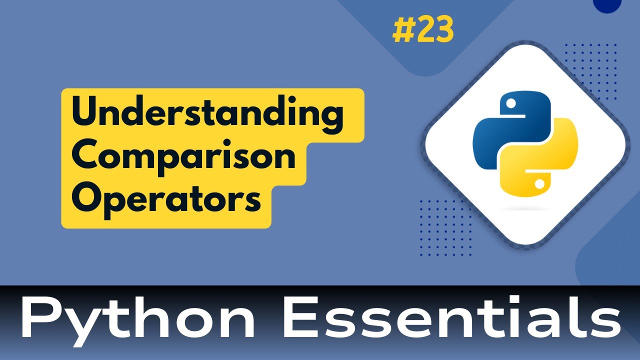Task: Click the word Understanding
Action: [x=207, y=116]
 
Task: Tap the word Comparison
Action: [x=183, y=158]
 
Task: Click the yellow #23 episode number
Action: [x=423, y=30]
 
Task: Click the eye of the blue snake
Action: [x=510, y=104]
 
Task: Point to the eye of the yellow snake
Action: [x=539, y=184]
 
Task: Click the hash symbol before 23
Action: [x=402, y=31]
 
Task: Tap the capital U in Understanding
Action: [x=84, y=116]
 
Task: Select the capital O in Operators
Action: [x=86, y=200]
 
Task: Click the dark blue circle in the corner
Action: [x=606, y=4]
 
